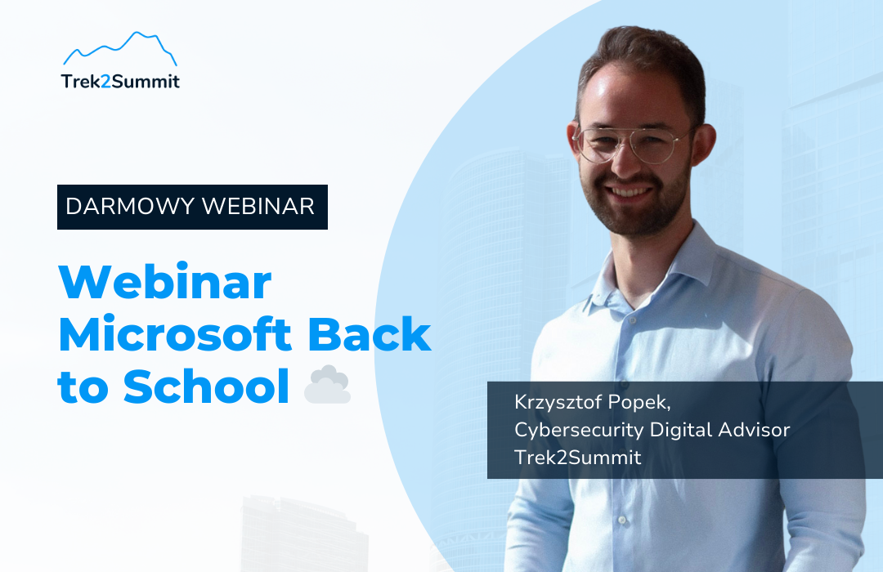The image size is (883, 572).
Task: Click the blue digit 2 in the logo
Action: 105,82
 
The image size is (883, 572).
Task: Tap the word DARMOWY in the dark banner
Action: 130,207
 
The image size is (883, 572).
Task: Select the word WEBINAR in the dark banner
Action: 258,207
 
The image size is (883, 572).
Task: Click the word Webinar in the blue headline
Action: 165,281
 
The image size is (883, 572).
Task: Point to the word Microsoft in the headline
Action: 175,333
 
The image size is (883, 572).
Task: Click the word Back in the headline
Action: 370,333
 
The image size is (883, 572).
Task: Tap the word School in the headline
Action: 206,386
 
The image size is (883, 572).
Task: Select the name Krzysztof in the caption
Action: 557,403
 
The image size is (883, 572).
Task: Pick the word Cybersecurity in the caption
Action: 579,431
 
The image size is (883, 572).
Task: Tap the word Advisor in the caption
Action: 754,430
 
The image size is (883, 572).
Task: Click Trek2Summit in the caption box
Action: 578,457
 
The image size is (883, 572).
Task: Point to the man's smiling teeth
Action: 629,193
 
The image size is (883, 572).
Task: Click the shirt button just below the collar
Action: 632,321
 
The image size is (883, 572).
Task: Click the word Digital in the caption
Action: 681,431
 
